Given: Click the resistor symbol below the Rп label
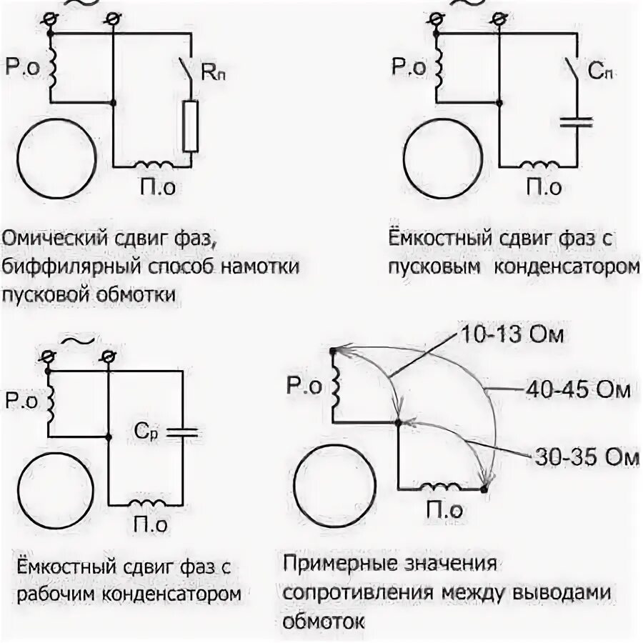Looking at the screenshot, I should point(190,126).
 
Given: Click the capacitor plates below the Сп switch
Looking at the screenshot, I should point(576,121).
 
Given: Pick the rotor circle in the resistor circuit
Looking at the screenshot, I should point(56,156).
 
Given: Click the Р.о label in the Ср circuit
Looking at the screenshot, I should point(21,400).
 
